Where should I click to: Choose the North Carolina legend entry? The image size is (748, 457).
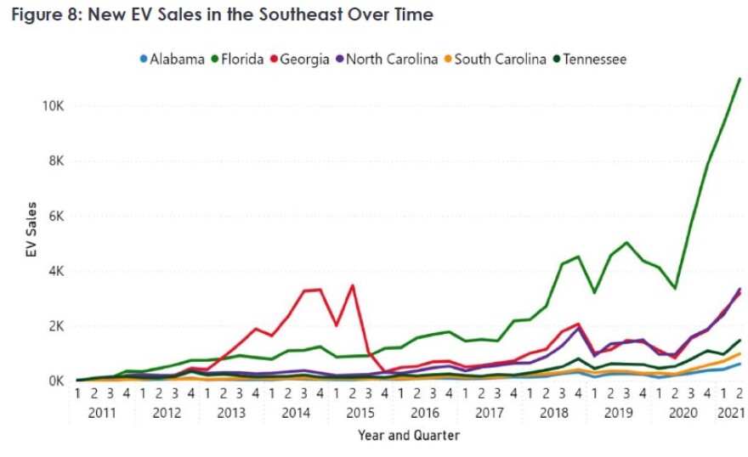tap(391, 59)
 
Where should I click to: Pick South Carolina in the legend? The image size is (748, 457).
tap(500, 59)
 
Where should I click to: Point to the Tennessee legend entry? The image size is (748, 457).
tap(593, 59)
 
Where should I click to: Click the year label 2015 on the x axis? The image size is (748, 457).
tap(360, 413)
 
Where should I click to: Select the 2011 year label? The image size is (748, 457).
tap(101, 413)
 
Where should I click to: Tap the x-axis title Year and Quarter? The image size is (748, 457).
tap(410, 436)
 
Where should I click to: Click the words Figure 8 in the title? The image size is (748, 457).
tap(44, 14)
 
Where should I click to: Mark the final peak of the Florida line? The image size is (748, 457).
tap(739, 78)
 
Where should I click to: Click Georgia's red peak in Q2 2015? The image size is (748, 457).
tap(352, 285)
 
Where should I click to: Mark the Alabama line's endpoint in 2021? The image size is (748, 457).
tap(739, 364)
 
